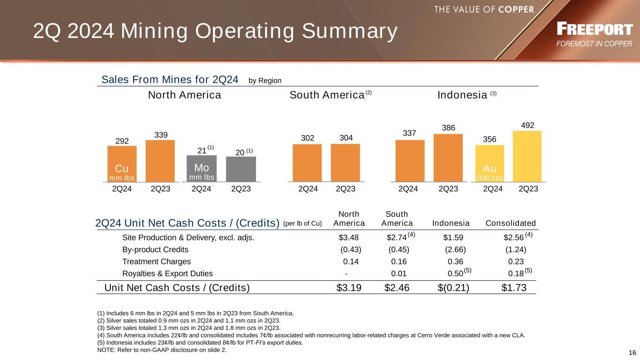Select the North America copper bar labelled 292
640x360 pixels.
click(122, 164)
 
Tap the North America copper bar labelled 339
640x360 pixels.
click(160, 161)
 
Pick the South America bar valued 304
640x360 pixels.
click(345, 162)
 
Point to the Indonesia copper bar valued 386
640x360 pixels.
click(448, 157)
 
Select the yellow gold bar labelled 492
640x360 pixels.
click(527, 156)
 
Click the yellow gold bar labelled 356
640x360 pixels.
click(489, 163)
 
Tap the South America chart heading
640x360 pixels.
click(327, 95)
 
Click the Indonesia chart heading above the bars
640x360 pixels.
click(462, 95)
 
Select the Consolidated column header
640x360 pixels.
click(511, 223)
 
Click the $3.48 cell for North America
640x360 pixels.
click(348, 237)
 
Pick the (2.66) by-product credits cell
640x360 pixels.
click(455, 249)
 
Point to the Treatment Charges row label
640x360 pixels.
click(157, 262)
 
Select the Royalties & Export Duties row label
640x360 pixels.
click(167, 274)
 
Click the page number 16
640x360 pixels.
click(632, 353)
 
